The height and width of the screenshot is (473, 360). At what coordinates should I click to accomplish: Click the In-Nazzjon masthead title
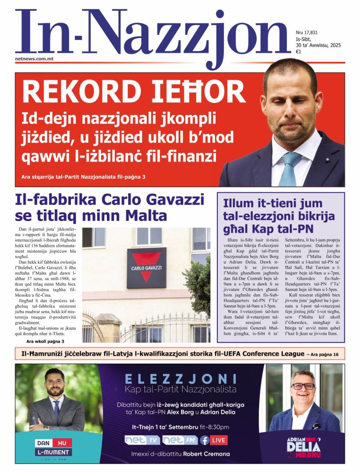(153, 35)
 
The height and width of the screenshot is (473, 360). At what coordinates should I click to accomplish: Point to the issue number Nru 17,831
(306, 33)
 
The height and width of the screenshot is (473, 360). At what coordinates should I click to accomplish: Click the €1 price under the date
(298, 52)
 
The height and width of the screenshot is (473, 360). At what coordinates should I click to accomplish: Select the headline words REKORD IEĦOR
(134, 92)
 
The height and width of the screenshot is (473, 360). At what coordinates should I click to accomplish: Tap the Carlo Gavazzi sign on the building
(147, 268)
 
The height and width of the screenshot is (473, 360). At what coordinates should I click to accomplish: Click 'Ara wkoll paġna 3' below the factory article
(45, 341)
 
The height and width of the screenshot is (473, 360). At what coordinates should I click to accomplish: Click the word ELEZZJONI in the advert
(180, 379)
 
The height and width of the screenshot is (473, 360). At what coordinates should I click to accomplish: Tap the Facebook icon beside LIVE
(205, 440)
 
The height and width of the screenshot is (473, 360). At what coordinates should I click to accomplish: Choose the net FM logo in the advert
(180, 440)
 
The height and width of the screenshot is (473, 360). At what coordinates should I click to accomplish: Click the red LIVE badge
(219, 440)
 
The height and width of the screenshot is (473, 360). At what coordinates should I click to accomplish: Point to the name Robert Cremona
(206, 454)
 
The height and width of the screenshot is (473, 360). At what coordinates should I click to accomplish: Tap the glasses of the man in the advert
(303, 386)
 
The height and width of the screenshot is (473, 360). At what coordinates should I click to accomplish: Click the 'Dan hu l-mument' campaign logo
(53, 448)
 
